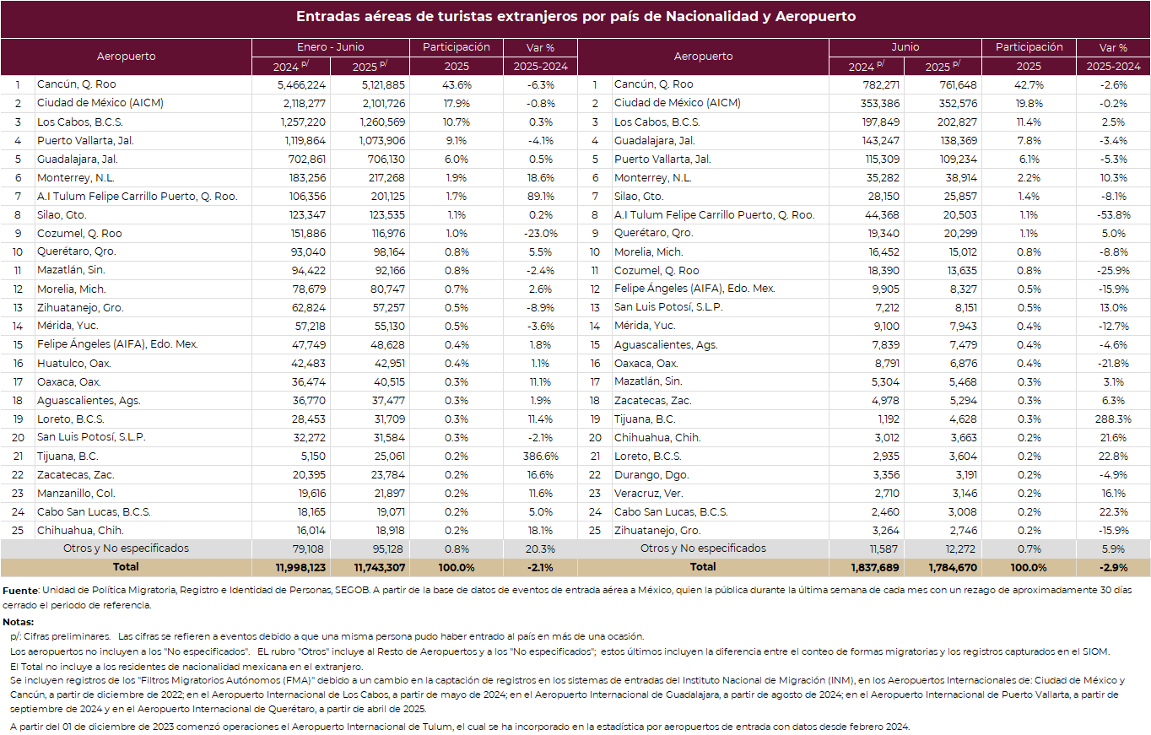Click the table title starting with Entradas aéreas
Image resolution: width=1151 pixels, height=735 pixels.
(575, 16)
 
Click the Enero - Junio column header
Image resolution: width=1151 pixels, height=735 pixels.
(331, 47)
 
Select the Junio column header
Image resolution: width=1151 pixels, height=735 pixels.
(905, 47)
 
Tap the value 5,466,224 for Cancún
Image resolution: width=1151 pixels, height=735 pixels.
(301, 84)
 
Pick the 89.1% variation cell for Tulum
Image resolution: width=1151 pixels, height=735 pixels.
(541, 197)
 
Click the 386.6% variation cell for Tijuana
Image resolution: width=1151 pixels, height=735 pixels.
(541, 457)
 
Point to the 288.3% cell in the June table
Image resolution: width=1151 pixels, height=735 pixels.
(1113, 419)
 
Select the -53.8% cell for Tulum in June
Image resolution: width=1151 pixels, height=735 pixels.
(1114, 215)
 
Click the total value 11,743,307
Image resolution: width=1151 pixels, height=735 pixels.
(380, 568)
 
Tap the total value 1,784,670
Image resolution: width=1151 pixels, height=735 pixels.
(953, 568)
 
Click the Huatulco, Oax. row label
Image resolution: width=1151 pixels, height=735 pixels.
(74, 364)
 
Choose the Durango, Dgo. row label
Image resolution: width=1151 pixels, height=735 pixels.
(651, 475)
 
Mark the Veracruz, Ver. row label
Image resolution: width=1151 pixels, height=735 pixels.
(648, 494)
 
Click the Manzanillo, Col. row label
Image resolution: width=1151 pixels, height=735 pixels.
(76, 494)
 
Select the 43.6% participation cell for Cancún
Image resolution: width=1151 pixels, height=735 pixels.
(457, 84)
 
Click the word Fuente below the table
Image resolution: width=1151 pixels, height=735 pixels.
(20, 591)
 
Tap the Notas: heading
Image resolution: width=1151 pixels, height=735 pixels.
(18, 622)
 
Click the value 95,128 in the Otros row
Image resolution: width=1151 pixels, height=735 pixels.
(388, 549)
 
